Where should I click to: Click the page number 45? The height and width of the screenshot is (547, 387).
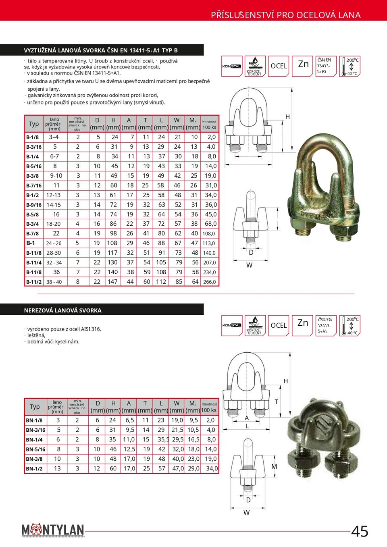pyautogui.click(x=360, y=531)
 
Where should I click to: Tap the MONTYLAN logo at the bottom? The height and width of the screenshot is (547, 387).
pyautogui.click(x=53, y=530)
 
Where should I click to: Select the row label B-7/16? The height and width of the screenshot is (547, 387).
pyautogui.click(x=34, y=185)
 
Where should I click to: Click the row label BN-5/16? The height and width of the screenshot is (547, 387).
pyautogui.click(x=35, y=449)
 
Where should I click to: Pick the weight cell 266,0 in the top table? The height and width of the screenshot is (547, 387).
pyautogui.click(x=209, y=282)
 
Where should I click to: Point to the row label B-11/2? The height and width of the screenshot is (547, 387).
pyautogui.click(x=34, y=282)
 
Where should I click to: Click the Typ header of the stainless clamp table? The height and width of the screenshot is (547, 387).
pyautogui.click(x=35, y=407)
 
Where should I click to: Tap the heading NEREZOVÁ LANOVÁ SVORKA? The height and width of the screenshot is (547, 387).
pyautogui.click(x=63, y=310)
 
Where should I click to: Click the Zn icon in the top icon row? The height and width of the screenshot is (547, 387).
pyautogui.click(x=303, y=64)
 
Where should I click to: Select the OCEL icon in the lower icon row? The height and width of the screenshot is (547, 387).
pyautogui.click(x=279, y=325)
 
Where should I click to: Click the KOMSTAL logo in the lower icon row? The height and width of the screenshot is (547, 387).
pyautogui.click(x=232, y=325)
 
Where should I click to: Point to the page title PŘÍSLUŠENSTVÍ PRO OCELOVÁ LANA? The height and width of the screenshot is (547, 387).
pyautogui.click(x=286, y=15)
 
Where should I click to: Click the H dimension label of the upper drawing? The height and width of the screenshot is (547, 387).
pyautogui.click(x=287, y=117)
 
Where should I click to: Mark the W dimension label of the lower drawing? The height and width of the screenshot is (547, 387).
pyautogui.click(x=246, y=513)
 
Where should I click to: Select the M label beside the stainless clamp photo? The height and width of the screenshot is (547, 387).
pyautogui.click(x=274, y=467)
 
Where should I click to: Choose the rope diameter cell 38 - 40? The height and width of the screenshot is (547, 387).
pyautogui.click(x=54, y=282)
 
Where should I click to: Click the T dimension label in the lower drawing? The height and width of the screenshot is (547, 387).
pyautogui.click(x=277, y=402)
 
